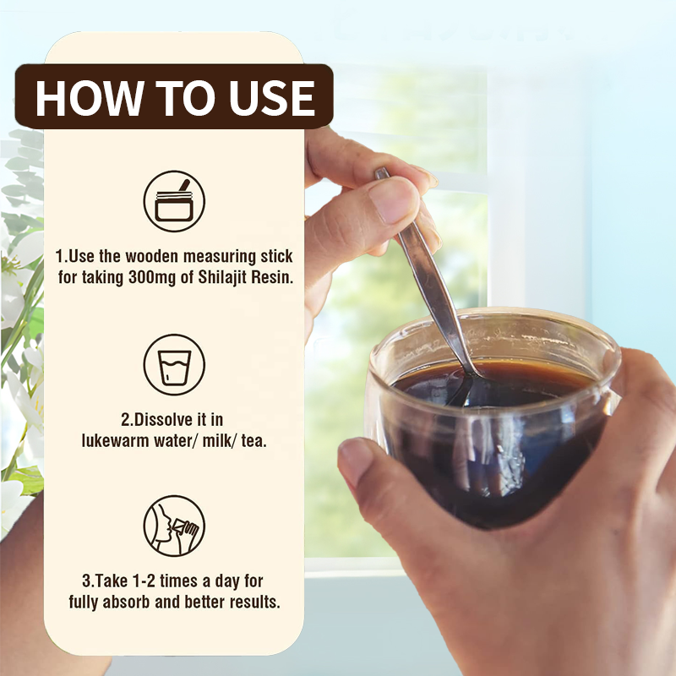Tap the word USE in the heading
(x=272, y=98)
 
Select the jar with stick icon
(x=174, y=201)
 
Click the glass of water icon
(x=174, y=365)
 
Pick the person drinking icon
(x=174, y=526)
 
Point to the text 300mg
(x=152, y=278)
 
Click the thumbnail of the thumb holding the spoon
(x=393, y=200)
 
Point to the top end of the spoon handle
(x=381, y=172)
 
